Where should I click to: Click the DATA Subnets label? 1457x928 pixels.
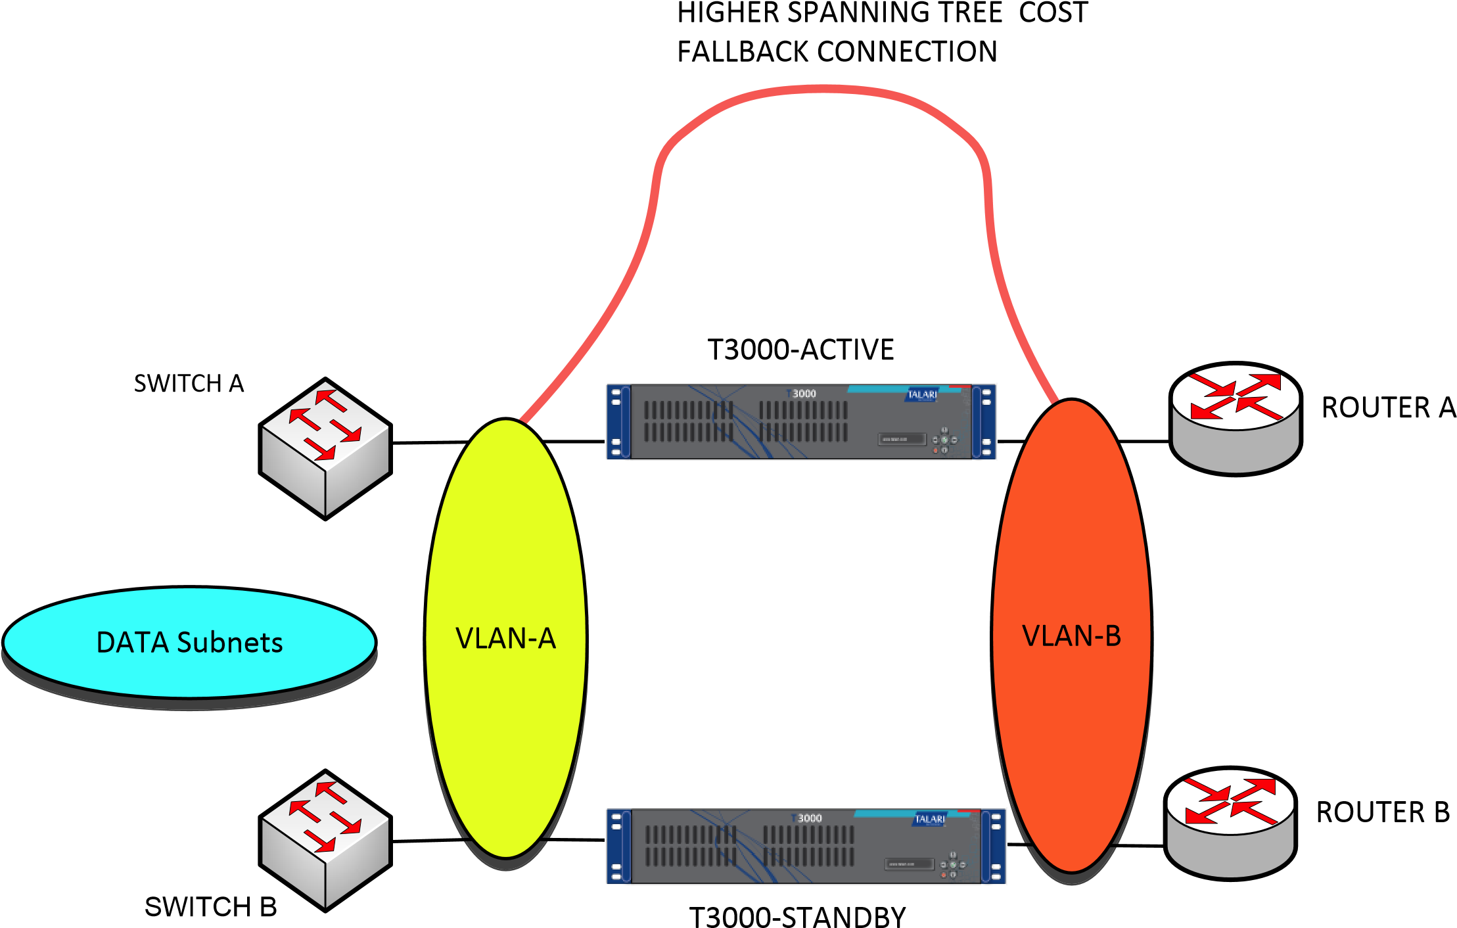(189, 643)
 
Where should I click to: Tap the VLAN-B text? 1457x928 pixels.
(1071, 636)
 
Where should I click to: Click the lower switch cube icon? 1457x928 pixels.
(325, 840)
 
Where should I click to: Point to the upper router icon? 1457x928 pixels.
(1236, 424)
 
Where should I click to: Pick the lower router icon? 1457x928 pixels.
(1230, 828)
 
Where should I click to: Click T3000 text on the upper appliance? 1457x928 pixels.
(802, 394)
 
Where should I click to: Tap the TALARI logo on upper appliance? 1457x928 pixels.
(922, 394)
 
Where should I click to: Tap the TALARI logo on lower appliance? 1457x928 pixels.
(930, 819)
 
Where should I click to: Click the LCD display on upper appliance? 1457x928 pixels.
(902, 439)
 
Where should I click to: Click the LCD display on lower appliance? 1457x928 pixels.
(910, 864)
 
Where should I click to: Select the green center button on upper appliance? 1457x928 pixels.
(944, 440)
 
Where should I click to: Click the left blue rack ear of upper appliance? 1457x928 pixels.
(616, 422)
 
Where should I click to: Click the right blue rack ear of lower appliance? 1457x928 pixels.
(995, 847)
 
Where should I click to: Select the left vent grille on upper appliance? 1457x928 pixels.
(687, 421)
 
